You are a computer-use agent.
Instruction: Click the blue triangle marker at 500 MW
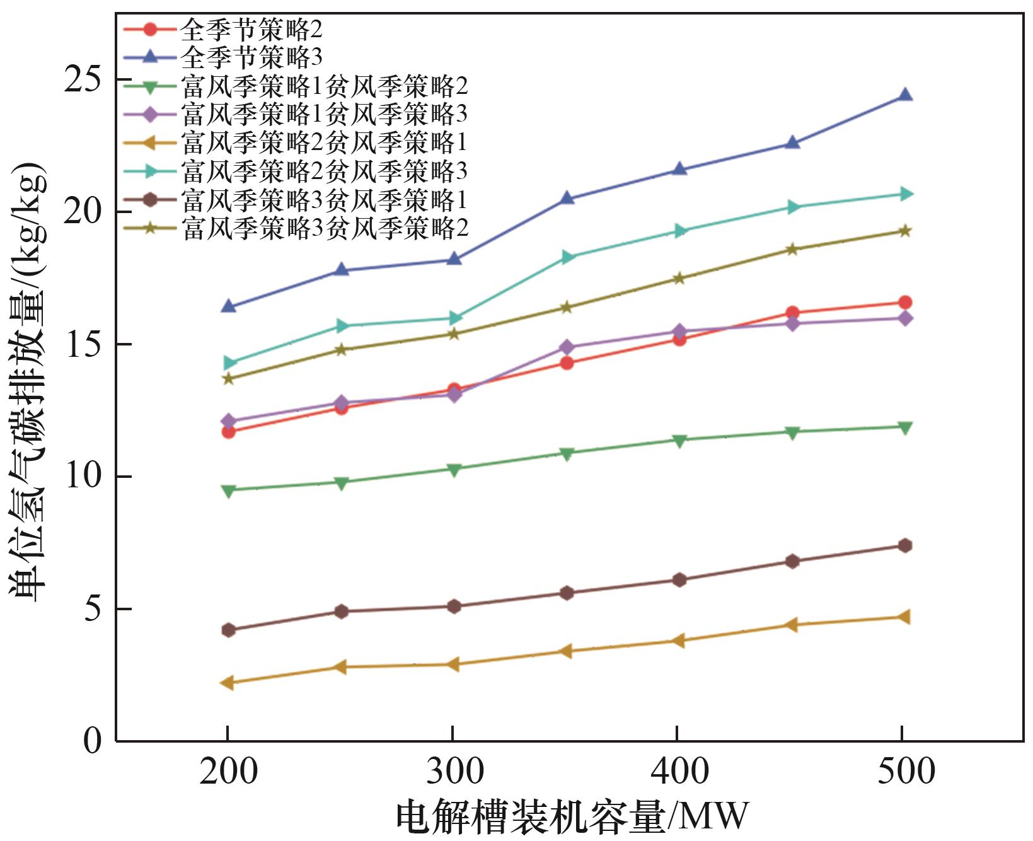[905, 95]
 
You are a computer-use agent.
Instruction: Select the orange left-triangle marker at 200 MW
[228, 683]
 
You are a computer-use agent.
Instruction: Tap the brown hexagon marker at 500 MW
[905, 545]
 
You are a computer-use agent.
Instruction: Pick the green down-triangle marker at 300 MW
[454, 469]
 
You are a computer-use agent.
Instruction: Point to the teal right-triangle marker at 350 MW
[567, 257]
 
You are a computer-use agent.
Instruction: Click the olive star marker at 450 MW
[793, 250]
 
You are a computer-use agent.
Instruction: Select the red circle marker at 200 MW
[228, 432]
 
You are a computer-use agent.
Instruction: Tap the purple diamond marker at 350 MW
[567, 347]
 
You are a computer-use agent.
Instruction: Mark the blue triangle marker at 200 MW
[228, 306]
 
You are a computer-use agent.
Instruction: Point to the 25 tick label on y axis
[83, 81]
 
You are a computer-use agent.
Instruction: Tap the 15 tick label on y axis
[83, 345]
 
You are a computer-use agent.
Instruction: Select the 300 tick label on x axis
[454, 772]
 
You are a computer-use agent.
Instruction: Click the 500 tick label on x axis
[905, 772]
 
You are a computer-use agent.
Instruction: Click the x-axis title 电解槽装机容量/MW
[571, 817]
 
